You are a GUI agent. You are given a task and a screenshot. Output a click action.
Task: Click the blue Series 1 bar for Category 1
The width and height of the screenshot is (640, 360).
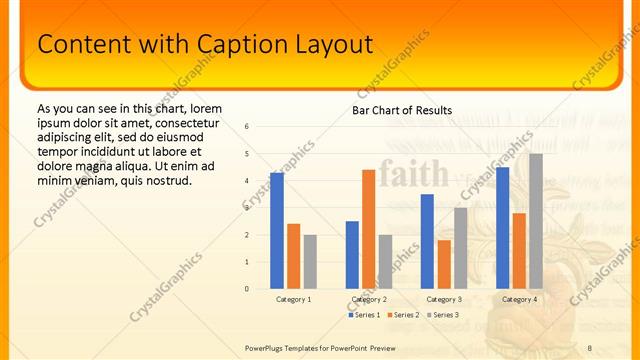click(277, 231)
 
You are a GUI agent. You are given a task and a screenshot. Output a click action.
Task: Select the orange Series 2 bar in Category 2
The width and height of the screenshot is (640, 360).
click(368, 229)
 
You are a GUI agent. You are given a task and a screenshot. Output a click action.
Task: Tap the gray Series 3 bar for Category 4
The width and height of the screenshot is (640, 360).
click(536, 221)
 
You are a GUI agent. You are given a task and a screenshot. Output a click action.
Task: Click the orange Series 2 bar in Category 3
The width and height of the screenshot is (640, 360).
click(444, 264)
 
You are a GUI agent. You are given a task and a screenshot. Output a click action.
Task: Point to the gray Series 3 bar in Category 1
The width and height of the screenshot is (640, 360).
click(310, 262)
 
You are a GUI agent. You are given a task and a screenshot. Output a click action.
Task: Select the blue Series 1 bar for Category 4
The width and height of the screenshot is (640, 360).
click(502, 228)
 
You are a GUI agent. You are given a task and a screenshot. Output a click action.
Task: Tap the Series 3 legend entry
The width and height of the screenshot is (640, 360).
click(443, 315)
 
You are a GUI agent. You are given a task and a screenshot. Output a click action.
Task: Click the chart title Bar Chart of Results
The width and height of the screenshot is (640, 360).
click(402, 110)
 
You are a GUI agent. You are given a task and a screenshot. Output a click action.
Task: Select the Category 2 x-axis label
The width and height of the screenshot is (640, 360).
click(369, 299)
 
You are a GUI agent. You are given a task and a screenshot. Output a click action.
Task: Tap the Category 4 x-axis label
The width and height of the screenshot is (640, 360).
click(519, 299)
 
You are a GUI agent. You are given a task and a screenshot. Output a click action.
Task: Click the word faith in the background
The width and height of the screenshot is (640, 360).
click(414, 174)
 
